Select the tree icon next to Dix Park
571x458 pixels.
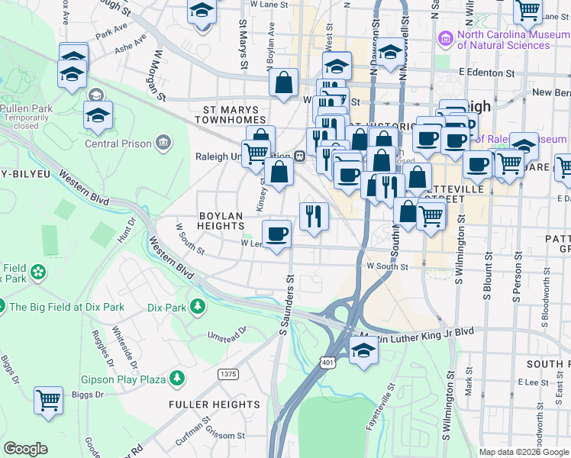click(198, 307)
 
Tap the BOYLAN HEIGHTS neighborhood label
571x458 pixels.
click(221, 221)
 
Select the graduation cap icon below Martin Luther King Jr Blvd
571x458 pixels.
click(364, 350)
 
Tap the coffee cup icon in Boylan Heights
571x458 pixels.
click(277, 233)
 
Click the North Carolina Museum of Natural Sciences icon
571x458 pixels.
click(445, 37)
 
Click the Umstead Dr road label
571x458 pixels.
click(229, 334)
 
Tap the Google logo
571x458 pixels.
click(26, 449)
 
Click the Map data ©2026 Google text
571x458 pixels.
click(523, 452)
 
